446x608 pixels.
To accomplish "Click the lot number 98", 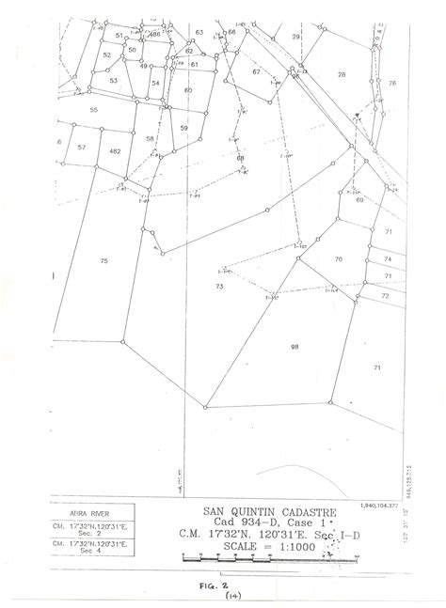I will click(x=295, y=347).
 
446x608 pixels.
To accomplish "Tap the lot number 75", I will click(x=104, y=259).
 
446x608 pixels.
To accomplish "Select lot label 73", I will click(x=219, y=286).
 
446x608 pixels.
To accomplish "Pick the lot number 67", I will click(x=255, y=72).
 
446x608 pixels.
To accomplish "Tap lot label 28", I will click(x=342, y=74).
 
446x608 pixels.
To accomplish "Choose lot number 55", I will click(x=94, y=110).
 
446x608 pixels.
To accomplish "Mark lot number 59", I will click(x=184, y=127).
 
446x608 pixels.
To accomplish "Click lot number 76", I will click(x=391, y=84).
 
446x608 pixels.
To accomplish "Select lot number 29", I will click(x=295, y=37).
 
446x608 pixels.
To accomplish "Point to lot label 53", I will click(x=113, y=81).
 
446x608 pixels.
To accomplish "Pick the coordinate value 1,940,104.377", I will click(x=380, y=506).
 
